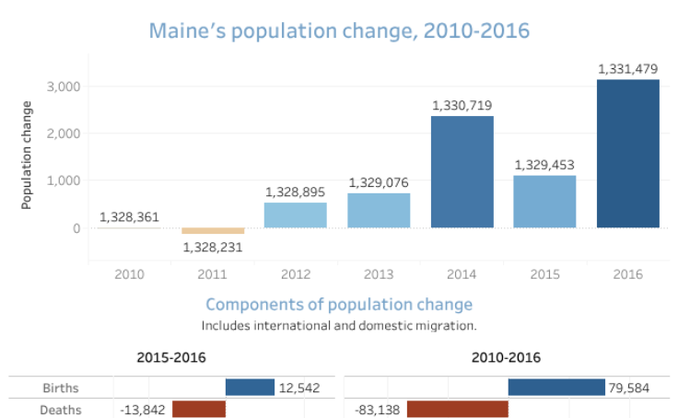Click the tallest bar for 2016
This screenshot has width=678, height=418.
[x=627, y=153]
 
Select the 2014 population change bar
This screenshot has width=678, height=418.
[x=462, y=171]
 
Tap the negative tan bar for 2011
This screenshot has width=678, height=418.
[x=213, y=231]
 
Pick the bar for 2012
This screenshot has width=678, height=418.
[x=295, y=215]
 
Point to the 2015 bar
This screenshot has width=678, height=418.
[x=544, y=202]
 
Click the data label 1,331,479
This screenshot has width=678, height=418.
[x=628, y=69]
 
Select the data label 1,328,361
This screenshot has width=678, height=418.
[x=130, y=218]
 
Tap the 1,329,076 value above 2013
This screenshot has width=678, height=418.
[x=379, y=183]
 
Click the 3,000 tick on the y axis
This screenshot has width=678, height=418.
[x=64, y=87]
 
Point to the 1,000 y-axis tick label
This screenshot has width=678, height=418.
[x=64, y=180]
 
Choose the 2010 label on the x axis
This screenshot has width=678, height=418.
[x=130, y=273]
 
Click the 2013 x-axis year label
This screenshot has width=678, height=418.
[x=379, y=273]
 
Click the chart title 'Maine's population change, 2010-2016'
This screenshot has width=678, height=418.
[x=339, y=30]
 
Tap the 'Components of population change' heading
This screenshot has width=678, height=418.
[x=339, y=305]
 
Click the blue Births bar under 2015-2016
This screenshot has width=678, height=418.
[x=250, y=388]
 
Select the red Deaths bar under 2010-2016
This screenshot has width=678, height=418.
[x=457, y=409]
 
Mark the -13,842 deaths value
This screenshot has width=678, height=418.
[x=142, y=410]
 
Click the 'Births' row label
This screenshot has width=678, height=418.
[x=63, y=389]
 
